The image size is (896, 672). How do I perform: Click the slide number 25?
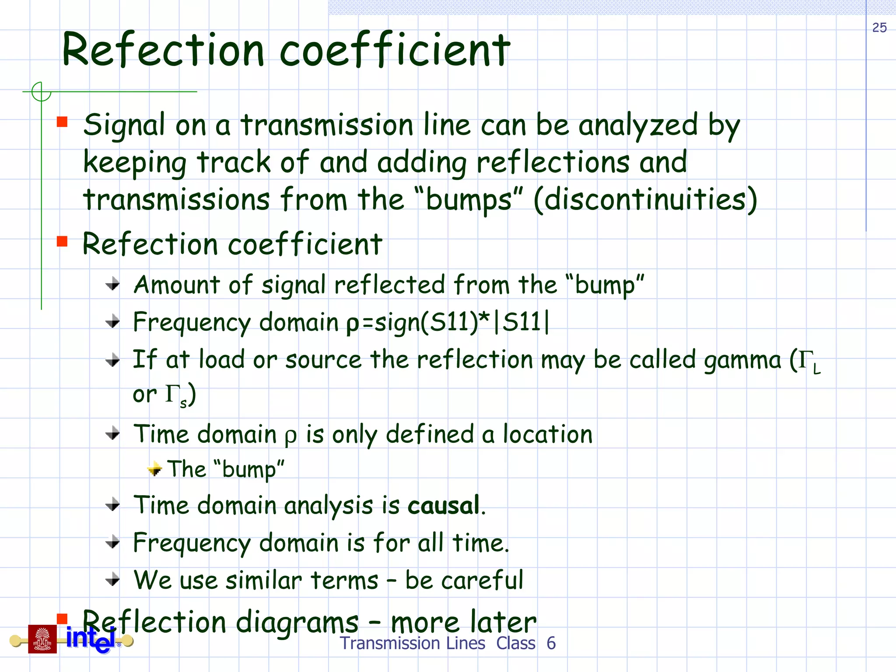(x=879, y=28)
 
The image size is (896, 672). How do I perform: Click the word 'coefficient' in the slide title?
(x=395, y=50)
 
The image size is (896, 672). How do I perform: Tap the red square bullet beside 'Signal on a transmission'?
(x=62, y=122)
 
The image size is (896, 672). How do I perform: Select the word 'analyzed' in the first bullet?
(x=638, y=126)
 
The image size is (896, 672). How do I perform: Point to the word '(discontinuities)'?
(x=645, y=200)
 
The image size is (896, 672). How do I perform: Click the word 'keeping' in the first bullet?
(x=135, y=163)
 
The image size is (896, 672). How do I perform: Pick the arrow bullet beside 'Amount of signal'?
(x=113, y=284)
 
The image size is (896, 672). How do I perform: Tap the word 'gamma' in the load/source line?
(x=742, y=360)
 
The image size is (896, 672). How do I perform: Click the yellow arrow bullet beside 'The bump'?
(x=154, y=469)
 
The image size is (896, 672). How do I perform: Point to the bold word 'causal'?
(x=444, y=506)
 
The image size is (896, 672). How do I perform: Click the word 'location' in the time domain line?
(x=547, y=434)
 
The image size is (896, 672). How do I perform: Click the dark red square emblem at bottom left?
(x=42, y=639)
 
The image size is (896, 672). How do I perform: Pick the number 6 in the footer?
(x=551, y=644)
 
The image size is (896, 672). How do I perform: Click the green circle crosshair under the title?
(x=41, y=92)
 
